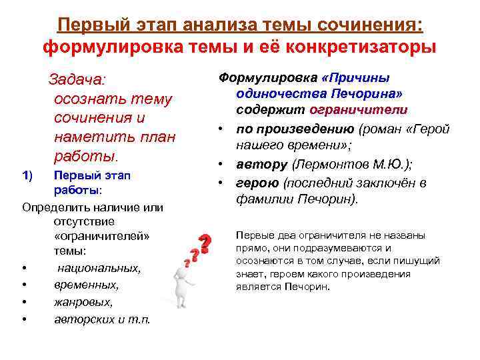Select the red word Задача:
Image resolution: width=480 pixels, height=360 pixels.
(77, 80)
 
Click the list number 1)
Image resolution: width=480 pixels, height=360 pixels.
(27, 175)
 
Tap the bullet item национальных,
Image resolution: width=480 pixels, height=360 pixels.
(99, 269)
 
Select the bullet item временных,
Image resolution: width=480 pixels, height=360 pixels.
(86, 285)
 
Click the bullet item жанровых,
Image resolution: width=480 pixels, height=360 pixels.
(83, 302)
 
